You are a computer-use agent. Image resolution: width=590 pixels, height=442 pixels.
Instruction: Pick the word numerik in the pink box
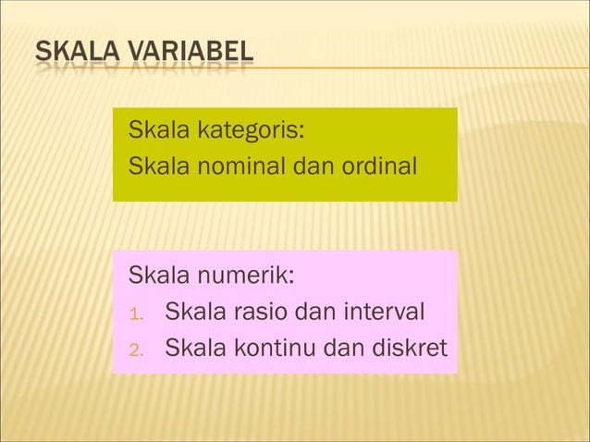coord(247,276)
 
